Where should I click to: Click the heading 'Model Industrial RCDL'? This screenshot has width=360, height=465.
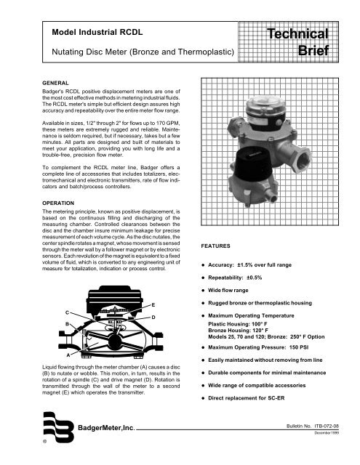tap(97, 32)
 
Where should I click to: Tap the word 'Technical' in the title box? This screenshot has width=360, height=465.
tap(297, 34)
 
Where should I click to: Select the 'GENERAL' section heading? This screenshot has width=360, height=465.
tap(55, 83)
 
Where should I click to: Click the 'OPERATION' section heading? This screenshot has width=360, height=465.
tap(58, 203)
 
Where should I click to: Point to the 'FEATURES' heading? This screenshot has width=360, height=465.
tap(215, 246)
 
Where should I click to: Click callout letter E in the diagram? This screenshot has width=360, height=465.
tap(153, 305)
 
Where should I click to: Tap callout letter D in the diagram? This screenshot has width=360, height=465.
tap(153, 318)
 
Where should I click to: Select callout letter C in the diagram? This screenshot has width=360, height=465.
tap(68, 312)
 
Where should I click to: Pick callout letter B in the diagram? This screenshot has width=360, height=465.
tap(68, 324)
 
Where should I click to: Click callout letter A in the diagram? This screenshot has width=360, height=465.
tap(68, 355)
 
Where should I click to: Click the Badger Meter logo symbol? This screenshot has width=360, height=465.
tap(58, 427)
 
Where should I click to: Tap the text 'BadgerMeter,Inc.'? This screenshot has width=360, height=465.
tap(107, 428)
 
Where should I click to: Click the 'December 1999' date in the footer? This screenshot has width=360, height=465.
tap(327, 433)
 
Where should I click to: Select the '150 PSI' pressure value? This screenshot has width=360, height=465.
tap(299, 347)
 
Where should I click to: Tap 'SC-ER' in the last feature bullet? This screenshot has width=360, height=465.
tap(276, 398)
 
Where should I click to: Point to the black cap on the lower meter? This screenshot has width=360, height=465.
tap(253, 165)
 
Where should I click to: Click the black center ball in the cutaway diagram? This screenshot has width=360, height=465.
tap(115, 342)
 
